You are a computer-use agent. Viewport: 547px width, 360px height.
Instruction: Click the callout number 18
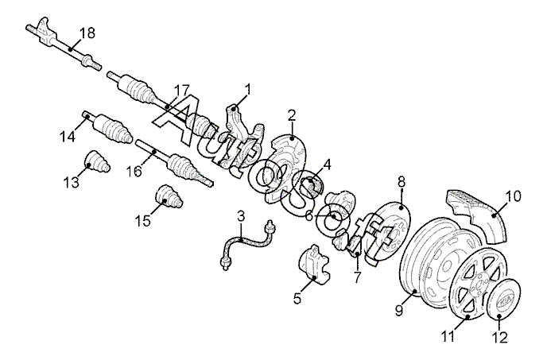[87, 33]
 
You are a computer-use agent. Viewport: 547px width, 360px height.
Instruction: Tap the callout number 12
[499, 337]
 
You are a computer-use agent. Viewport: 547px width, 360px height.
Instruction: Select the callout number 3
[241, 216]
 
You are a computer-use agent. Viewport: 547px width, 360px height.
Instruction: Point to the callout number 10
[514, 196]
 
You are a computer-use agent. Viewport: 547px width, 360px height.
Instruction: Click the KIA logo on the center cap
[508, 300]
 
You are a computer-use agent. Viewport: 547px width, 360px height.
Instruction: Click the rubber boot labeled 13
[97, 161]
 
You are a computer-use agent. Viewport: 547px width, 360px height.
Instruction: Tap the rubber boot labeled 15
[169, 196]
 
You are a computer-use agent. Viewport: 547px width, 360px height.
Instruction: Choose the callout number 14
[68, 136]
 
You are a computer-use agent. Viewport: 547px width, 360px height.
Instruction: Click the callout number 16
[134, 171]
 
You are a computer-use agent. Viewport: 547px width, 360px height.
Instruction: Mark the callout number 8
[402, 182]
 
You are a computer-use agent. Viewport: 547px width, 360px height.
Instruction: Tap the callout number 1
[248, 89]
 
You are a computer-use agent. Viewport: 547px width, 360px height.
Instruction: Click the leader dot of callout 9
[415, 291]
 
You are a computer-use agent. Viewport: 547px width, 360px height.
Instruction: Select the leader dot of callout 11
[467, 317]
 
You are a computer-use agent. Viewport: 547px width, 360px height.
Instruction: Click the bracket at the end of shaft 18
[44, 32]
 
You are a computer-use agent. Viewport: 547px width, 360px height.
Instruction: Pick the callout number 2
[292, 115]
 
